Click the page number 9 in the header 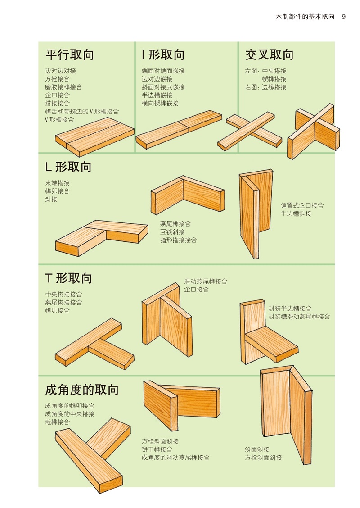pos(343,17)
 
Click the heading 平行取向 pos(70,55)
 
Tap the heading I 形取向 pos(163,55)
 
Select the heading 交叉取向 pos(269,55)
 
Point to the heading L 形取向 pos(68,167)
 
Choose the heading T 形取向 pos(68,278)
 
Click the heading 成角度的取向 pos(82,390)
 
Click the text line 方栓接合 pos(58,79)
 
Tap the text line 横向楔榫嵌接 pos(160,104)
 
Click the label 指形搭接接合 pos(179,240)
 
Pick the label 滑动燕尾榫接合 pos(206,281)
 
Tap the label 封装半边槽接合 pos(290,308)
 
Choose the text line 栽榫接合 pos(58,422)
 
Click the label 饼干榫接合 pos(157,449)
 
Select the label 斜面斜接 pos(257,449)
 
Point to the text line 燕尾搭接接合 pos(64,303)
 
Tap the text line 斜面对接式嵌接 pos(163,87)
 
